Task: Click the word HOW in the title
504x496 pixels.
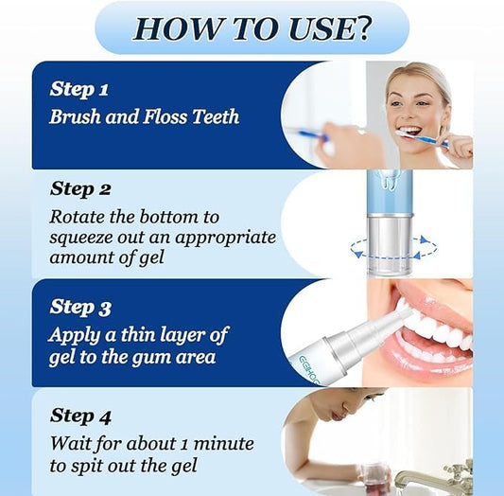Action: pyautogui.click(x=176, y=28)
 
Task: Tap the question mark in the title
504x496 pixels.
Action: pyautogui.click(x=362, y=28)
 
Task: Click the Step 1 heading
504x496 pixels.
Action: pyautogui.click(x=79, y=88)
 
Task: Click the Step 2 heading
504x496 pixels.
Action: pyautogui.click(x=80, y=188)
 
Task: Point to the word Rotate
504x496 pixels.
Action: pyautogui.click(x=78, y=217)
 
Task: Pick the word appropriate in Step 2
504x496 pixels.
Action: pyautogui.click(x=226, y=238)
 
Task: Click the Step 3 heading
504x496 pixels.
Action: pyautogui.click(x=80, y=307)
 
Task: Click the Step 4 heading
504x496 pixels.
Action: pyautogui.click(x=80, y=416)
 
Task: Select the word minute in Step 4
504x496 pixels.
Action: pyautogui.click(x=224, y=444)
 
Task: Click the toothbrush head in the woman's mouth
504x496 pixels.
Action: pyautogui.click(x=405, y=134)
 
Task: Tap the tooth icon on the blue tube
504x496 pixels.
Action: pyautogui.click(x=389, y=180)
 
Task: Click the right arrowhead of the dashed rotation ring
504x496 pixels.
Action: pyautogui.click(x=425, y=239)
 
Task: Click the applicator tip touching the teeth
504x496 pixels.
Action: pyautogui.click(x=406, y=311)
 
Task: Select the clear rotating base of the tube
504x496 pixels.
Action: pyautogui.click(x=390, y=244)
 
